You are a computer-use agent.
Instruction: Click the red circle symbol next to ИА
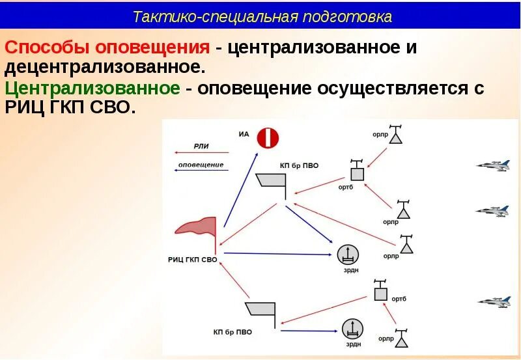point(268,138)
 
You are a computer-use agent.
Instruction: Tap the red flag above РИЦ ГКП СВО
point(197,227)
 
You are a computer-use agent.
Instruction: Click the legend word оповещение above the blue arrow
point(201,165)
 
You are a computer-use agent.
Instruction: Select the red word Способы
point(48,48)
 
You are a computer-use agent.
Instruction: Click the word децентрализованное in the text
point(105,67)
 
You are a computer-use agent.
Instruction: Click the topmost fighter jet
point(492,165)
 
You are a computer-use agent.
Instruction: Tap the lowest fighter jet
point(494,301)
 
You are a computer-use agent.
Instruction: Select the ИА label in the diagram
point(244,135)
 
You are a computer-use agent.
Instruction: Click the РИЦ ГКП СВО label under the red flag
point(192,259)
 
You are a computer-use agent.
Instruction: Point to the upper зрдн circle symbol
point(347,254)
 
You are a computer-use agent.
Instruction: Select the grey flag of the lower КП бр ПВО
point(260,312)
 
